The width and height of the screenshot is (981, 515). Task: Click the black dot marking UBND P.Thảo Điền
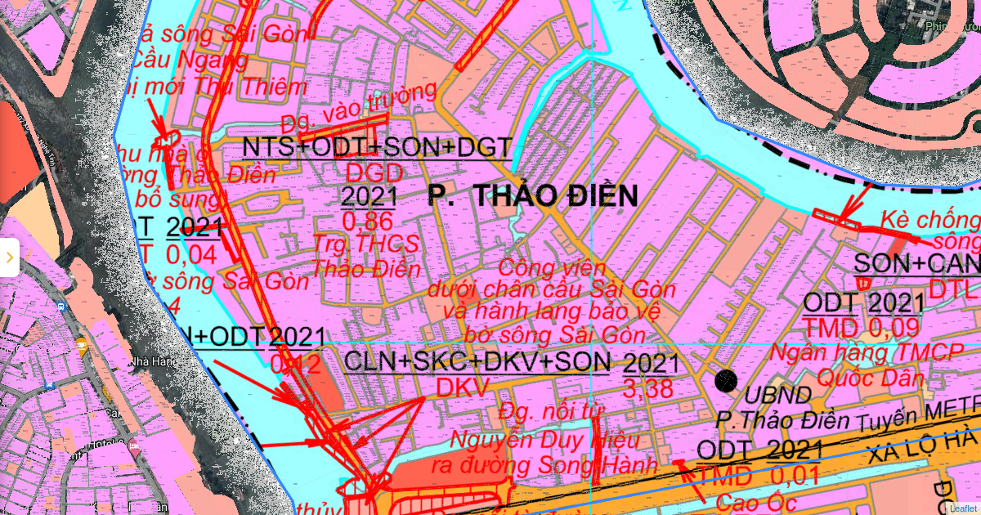[x=725, y=380]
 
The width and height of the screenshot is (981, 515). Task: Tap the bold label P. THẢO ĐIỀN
[x=532, y=196]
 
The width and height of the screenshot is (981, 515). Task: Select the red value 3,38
[x=649, y=387]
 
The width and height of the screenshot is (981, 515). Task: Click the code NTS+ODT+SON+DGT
[x=378, y=147]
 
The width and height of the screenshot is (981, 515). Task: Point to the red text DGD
[x=374, y=173]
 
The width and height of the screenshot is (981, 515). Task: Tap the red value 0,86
[x=368, y=221]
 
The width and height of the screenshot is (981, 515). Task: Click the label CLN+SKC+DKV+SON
[x=478, y=361]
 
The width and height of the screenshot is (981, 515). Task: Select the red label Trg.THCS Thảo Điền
[x=366, y=256]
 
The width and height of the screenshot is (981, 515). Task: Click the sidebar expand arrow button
[x=9, y=257]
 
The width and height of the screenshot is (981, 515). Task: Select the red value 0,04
[x=191, y=255]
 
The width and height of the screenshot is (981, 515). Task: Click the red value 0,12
[x=296, y=365]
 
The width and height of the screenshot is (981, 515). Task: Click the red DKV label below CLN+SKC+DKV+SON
[x=463, y=387]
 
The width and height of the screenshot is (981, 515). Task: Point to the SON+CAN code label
[x=916, y=263]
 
